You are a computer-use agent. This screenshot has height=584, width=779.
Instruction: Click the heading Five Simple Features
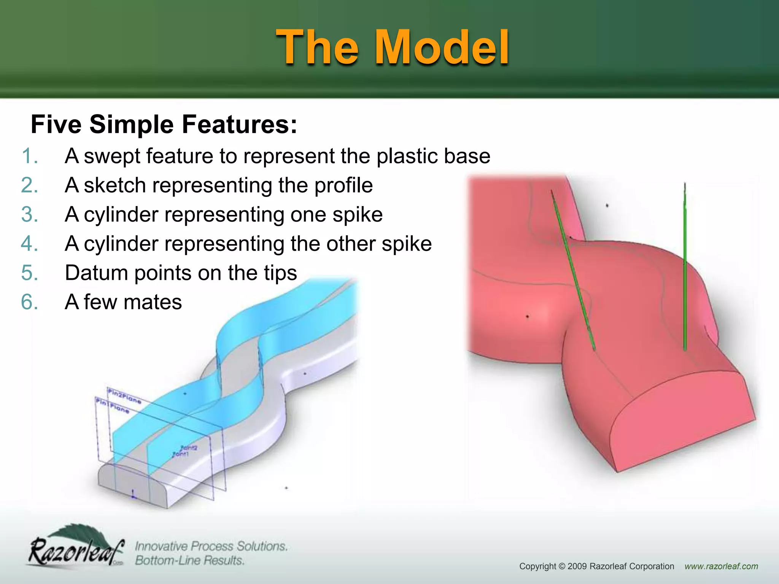[x=164, y=124]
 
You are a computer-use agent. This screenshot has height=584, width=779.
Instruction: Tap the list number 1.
[x=30, y=156]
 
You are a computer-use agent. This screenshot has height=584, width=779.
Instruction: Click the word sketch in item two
[x=114, y=186]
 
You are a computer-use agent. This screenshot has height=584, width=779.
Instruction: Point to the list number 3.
[x=30, y=214]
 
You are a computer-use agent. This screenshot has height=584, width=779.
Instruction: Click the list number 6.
[x=30, y=302]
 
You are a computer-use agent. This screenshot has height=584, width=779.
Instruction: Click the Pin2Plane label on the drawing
[x=124, y=395]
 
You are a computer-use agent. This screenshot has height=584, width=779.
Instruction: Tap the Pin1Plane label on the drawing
[x=113, y=405]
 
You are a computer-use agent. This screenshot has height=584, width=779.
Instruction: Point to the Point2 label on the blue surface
[x=189, y=448]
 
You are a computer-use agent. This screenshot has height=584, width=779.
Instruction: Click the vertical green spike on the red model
[x=685, y=266]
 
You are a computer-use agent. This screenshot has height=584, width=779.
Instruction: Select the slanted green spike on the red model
[x=572, y=270]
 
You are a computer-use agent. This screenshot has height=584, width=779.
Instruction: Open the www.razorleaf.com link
[x=721, y=566]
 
